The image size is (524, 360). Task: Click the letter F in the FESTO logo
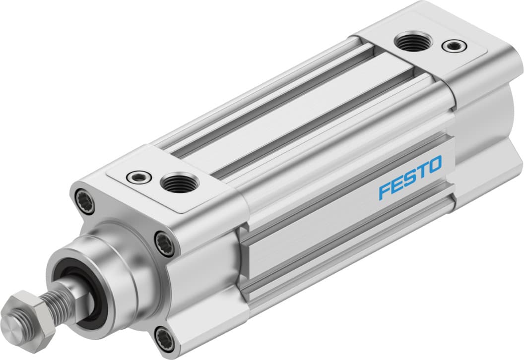point(385,191)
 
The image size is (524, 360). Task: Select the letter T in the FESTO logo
point(421,172)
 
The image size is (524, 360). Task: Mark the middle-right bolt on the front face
point(164,243)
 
